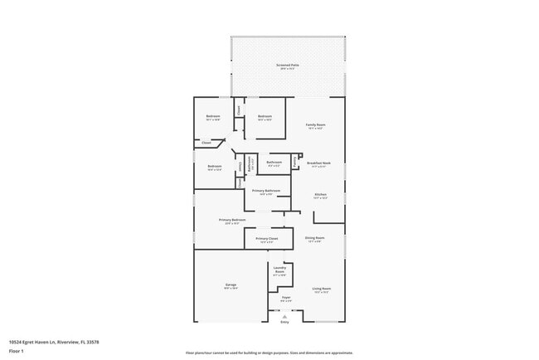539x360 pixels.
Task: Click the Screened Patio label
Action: click(x=288, y=66)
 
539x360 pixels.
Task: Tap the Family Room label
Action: click(x=316, y=126)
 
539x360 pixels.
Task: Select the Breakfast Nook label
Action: click(x=318, y=164)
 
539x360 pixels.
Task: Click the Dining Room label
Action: click(x=314, y=239)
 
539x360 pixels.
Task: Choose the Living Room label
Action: click(x=321, y=289)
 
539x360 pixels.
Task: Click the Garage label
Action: click(x=231, y=285)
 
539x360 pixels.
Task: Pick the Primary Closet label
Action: click(x=267, y=240)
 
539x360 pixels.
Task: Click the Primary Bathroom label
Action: click(x=266, y=192)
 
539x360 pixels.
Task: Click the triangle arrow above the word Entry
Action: click(x=284, y=316)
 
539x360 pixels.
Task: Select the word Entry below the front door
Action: click(x=284, y=321)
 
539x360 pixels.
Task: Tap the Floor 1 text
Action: click(x=17, y=351)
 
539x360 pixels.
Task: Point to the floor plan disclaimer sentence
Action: click(x=269, y=353)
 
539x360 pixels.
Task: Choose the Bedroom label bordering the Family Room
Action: click(x=265, y=117)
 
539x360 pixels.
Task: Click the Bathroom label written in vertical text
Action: click(x=250, y=163)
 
